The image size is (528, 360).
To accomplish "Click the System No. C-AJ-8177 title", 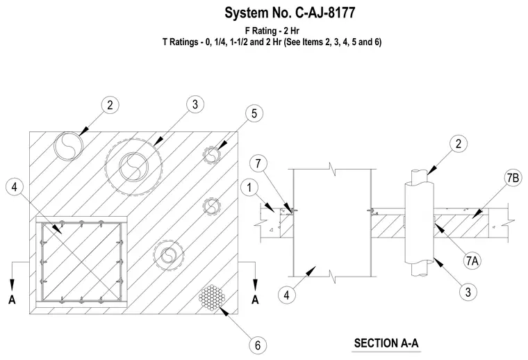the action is pyautogui.click(x=290, y=13).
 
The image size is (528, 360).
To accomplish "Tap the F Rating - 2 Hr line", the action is pyautogui.click(x=272, y=31).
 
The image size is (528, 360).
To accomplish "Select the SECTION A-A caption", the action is pyautogui.click(x=386, y=343).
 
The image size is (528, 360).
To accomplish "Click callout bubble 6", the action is pyautogui.click(x=258, y=345).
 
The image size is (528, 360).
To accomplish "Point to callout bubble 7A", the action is pyautogui.click(x=472, y=261).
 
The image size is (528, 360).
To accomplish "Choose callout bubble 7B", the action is pyautogui.click(x=513, y=178).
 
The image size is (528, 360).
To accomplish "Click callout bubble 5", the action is pyautogui.click(x=254, y=113).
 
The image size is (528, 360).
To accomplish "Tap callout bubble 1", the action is pyautogui.click(x=249, y=187).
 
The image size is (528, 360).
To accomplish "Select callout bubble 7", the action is pyautogui.click(x=258, y=163).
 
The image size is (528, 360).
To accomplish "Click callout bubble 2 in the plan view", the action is pyautogui.click(x=110, y=105).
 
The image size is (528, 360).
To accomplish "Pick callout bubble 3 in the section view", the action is pyautogui.click(x=468, y=292).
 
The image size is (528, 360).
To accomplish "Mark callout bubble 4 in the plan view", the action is pyautogui.click(x=15, y=186).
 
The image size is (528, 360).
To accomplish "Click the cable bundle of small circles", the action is pyautogui.click(x=212, y=297).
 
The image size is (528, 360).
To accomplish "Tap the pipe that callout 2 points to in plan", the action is pyautogui.click(x=68, y=146).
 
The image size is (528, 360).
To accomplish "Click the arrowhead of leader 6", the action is pyautogui.click(x=224, y=311).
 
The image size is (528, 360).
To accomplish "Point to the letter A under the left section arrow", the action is pyautogui.click(x=12, y=299).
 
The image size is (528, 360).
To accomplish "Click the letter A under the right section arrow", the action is pyautogui.click(x=255, y=299).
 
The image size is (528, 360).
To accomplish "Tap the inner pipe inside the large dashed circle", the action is pyautogui.click(x=133, y=167).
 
